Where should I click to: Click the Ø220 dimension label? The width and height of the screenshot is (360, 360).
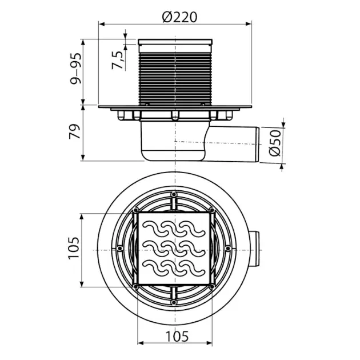point(179,17)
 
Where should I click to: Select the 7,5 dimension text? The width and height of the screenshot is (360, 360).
point(118,60)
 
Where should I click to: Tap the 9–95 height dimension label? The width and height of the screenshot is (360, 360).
point(76,69)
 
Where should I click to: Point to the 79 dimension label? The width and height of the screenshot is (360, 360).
point(75,131)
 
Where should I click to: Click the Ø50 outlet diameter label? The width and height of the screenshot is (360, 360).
point(275,143)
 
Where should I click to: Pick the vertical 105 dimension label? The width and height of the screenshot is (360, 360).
point(74,248)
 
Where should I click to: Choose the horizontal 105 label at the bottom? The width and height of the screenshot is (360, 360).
point(177,337)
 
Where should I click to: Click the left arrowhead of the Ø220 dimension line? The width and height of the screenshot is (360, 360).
point(102,24)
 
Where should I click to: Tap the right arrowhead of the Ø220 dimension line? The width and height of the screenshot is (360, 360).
point(249,24)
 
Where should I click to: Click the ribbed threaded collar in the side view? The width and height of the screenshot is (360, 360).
point(175,79)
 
